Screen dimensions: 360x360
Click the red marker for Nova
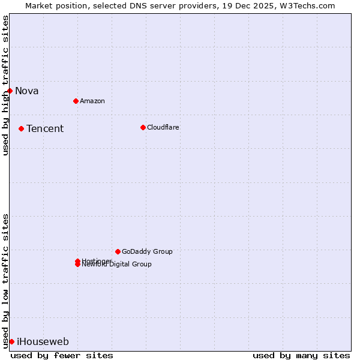(x=10, y=91)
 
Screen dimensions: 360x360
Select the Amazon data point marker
(x=76, y=101)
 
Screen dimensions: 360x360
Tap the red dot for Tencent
(x=21, y=128)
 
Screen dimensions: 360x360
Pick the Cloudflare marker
(x=143, y=127)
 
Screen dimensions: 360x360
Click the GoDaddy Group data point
(x=118, y=251)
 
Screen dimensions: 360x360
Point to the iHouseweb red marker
(x=11, y=341)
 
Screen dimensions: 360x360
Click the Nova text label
(x=26, y=91)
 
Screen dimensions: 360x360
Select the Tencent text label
(x=45, y=129)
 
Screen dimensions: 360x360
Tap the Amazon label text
(x=92, y=101)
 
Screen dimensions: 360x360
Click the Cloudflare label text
(x=163, y=127)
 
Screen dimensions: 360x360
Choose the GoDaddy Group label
(x=147, y=251)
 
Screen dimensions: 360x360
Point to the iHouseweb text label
(x=43, y=342)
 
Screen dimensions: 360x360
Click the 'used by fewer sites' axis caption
(x=62, y=355)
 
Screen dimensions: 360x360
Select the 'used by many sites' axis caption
(x=301, y=355)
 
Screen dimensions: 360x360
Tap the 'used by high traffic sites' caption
(x=5, y=85)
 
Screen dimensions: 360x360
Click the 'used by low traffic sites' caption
(x=5, y=281)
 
